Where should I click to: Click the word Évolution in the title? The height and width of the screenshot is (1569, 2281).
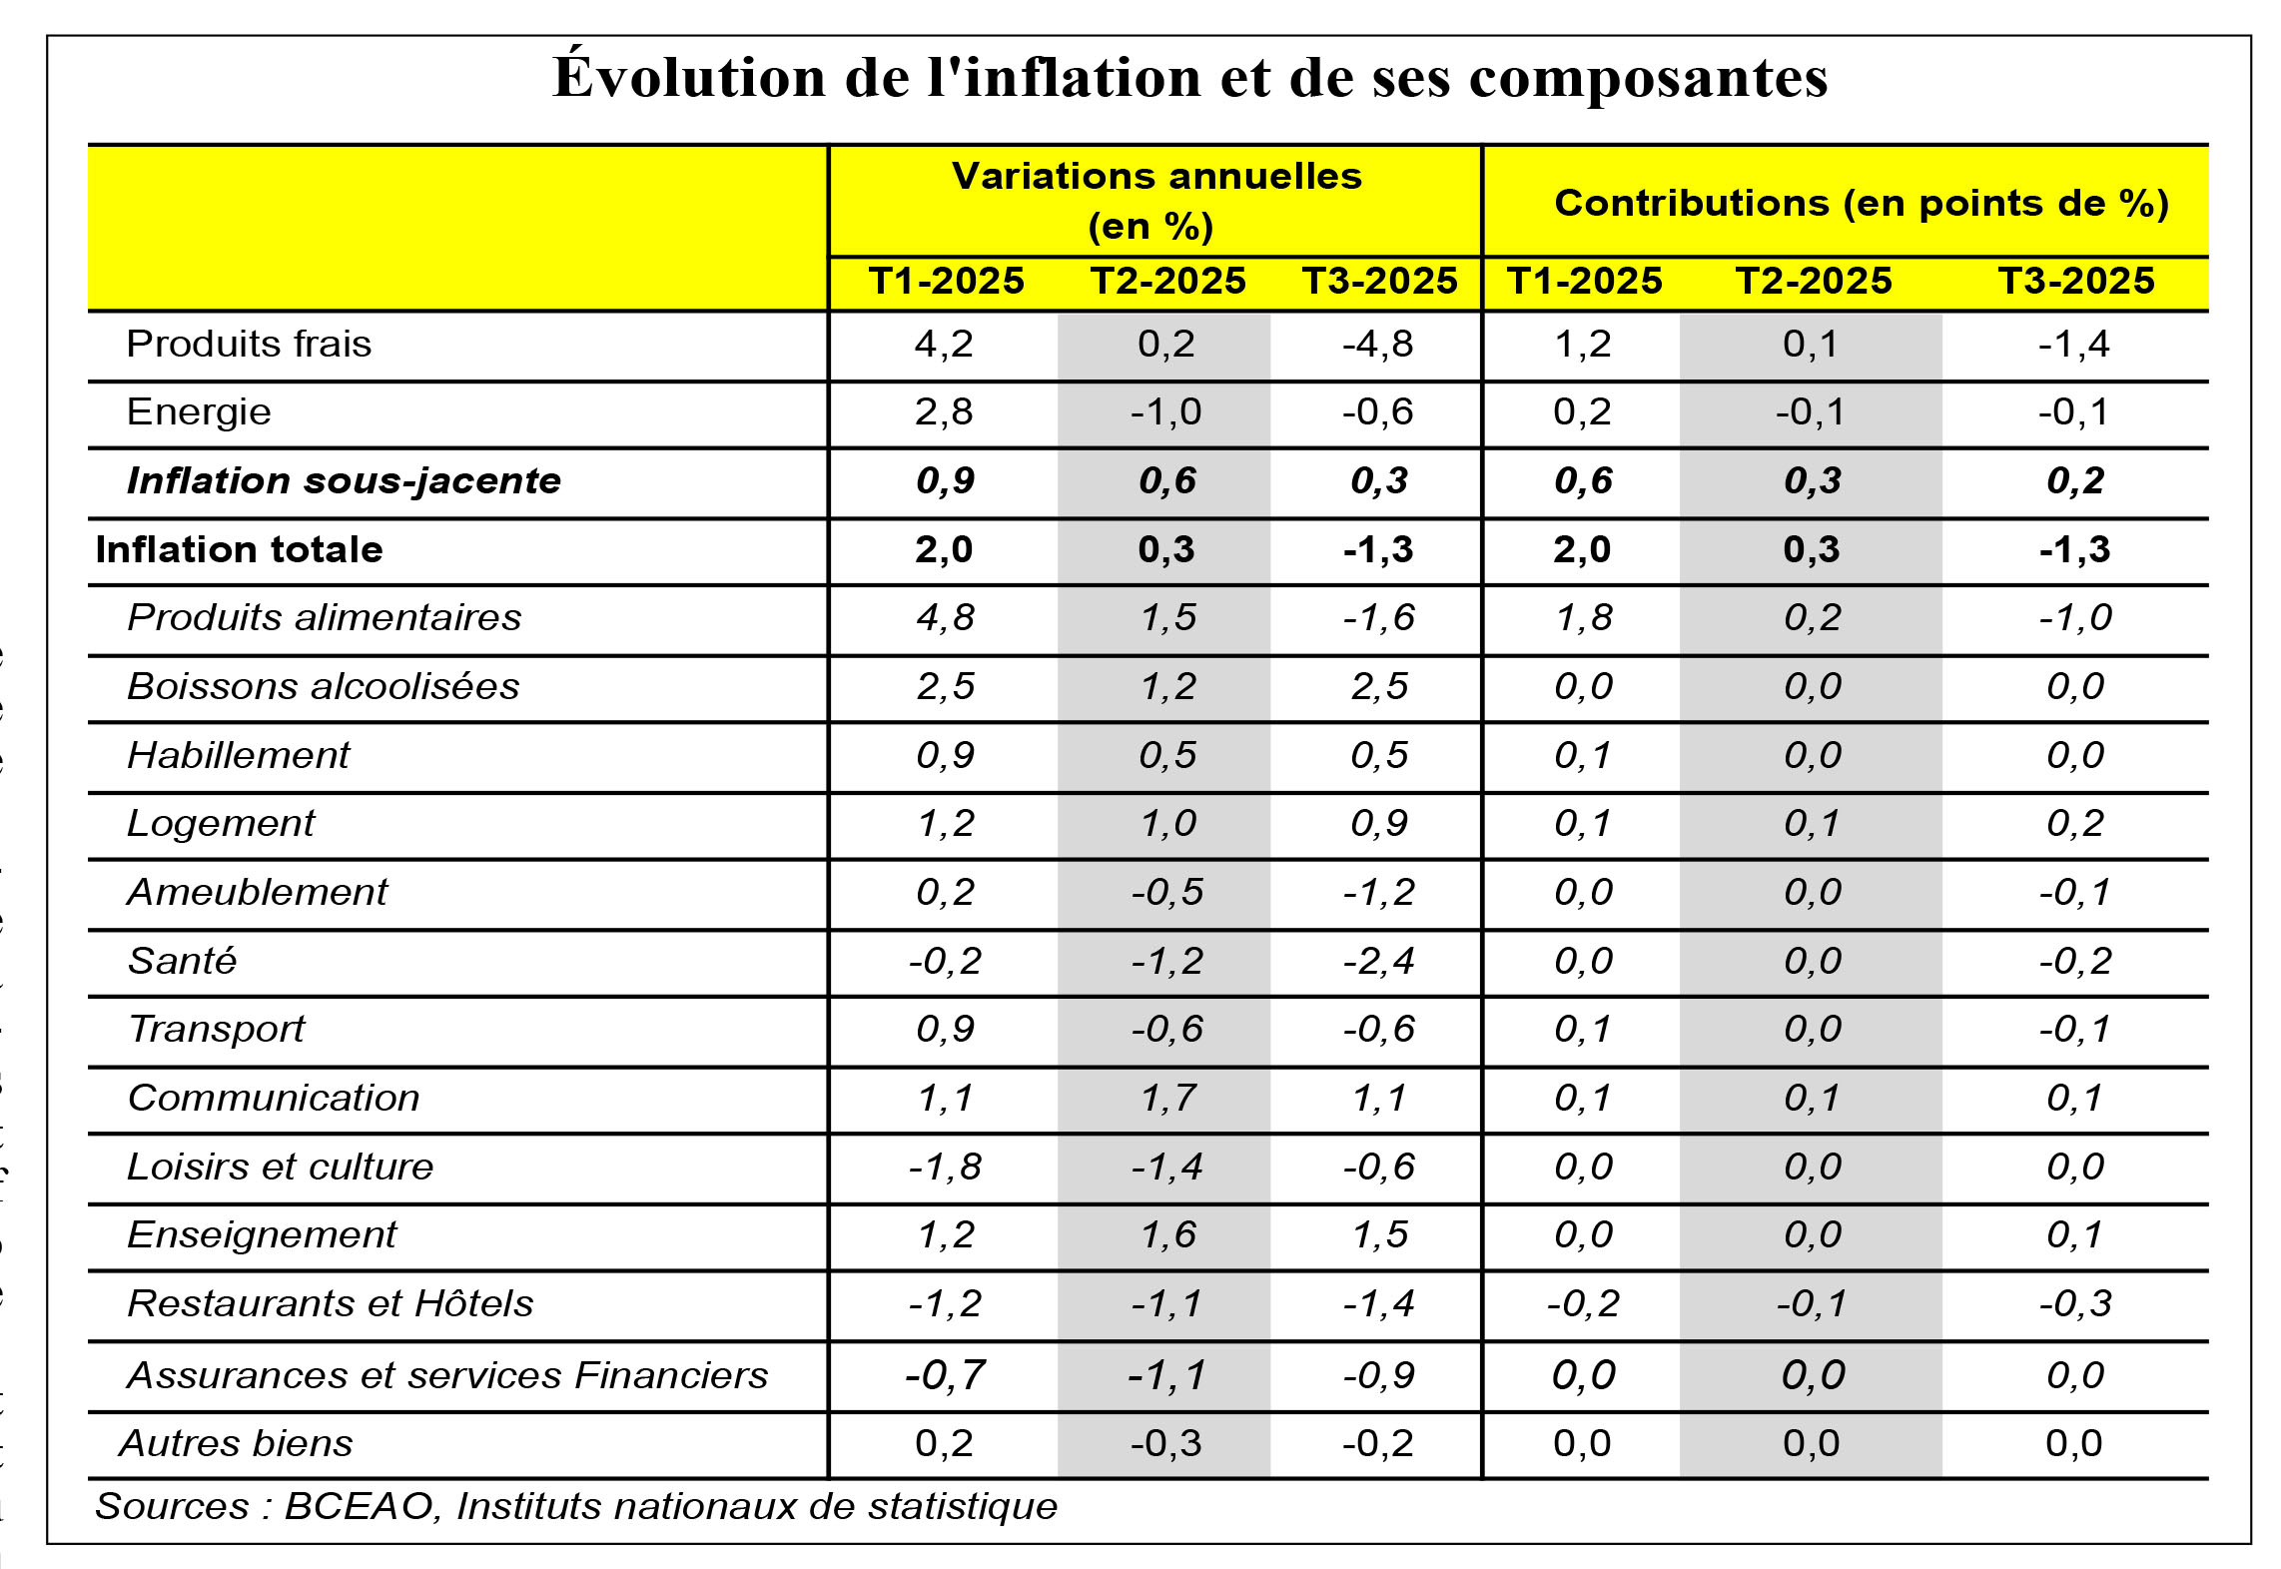[688, 78]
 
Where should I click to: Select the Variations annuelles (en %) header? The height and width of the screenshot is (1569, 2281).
[1155, 200]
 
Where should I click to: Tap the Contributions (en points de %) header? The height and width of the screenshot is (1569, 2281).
[1861, 203]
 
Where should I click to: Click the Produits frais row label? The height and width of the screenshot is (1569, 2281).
[249, 344]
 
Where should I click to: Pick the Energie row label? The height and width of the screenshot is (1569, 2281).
[199, 411]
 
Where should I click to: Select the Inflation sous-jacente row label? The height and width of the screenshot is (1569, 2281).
[344, 480]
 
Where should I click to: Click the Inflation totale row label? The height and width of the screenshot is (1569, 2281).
[239, 549]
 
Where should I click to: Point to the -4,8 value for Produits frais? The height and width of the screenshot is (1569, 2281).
[1377, 344]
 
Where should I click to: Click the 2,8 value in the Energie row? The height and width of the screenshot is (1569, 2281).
[944, 411]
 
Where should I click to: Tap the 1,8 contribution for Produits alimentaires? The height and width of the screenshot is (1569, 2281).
[1583, 617]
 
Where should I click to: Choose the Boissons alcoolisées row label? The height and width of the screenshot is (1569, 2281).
[324, 686]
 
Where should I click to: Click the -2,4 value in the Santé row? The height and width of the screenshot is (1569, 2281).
[1378, 961]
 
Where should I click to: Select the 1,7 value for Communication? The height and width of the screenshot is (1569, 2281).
[1167, 1098]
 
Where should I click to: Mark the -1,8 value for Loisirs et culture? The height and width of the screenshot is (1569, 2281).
[945, 1167]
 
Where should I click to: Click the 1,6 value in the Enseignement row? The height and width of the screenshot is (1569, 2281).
[1167, 1234]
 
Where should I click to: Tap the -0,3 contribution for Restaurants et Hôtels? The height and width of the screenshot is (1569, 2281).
[2074, 1303]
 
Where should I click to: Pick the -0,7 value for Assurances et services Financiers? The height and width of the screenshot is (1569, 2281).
[945, 1375]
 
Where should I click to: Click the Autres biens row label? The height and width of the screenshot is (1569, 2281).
[236, 1443]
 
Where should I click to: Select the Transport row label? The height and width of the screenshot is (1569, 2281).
[217, 1029]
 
